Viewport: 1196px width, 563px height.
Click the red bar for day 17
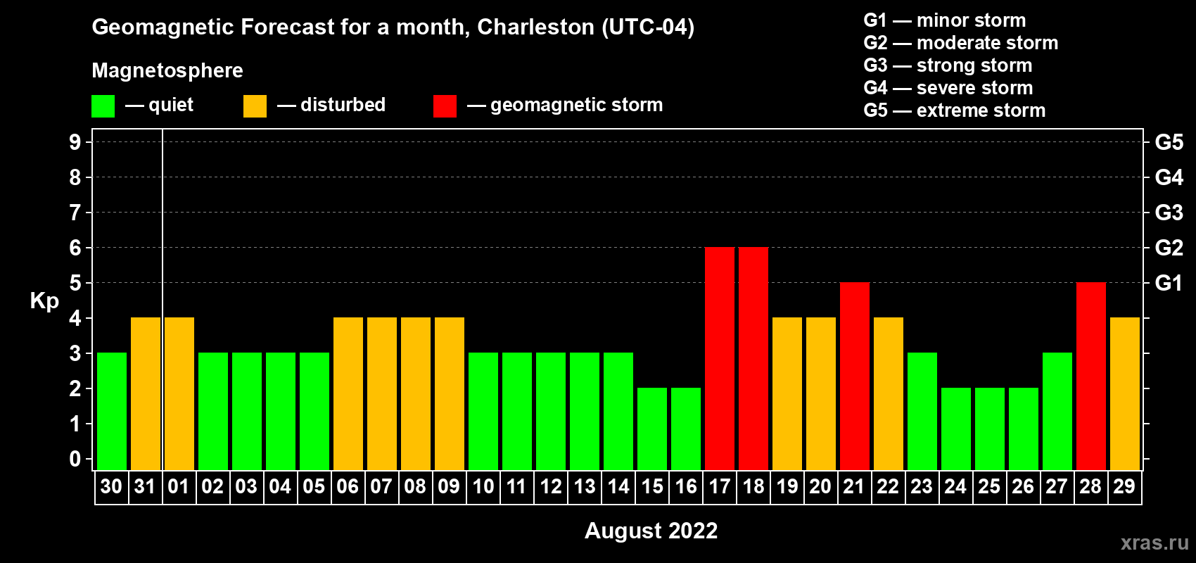(x=719, y=358)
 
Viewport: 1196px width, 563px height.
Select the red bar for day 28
(x=1090, y=376)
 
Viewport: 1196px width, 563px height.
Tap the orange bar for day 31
(x=146, y=393)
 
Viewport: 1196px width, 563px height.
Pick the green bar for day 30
(x=112, y=411)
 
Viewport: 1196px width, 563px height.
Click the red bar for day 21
(x=854, y=376)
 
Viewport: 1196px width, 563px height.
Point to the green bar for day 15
(x=652, y=429)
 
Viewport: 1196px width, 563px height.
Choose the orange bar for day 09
(x=450, y=393)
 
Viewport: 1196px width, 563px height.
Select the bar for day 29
(x=1124, y=393)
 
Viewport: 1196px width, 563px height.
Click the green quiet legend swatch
(x=103, y=106)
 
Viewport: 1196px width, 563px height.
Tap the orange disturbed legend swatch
(x=255, y=106)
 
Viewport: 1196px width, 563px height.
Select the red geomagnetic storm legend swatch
(x=445, y=106)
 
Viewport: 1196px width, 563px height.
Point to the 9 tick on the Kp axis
(x=75, y=142)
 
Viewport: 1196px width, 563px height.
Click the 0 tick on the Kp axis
(x=75, y=460)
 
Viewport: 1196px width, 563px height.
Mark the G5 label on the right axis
(x=1169, y=142)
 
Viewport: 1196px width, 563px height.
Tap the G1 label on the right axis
(x=1169, y=283)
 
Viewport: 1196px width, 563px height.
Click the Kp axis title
(x=44, y=301)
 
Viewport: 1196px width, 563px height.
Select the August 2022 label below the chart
(x=651, y=531)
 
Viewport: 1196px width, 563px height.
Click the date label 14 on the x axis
(x=618, y=487)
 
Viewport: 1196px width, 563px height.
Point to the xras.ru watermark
(x=1154, y=543)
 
